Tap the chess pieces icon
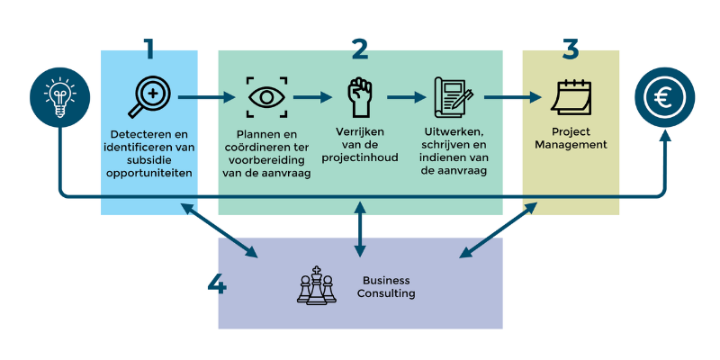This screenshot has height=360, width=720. [x=316, y=285]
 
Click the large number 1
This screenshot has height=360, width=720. [x=149, y=49]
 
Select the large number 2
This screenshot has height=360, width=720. [x=360, y=49]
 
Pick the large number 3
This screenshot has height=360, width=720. [x=571, y=49]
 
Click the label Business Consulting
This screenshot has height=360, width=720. [x=386, y=286]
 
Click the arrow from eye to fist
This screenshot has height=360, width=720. [x=313, y=97]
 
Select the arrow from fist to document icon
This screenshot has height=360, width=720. [x=406, y=97]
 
